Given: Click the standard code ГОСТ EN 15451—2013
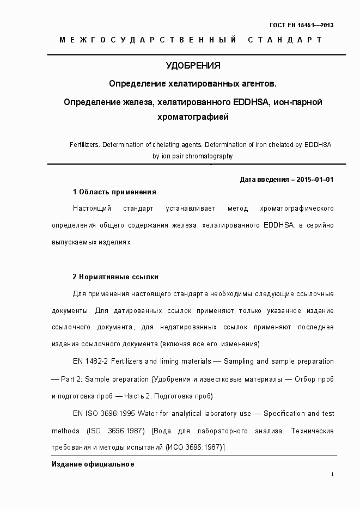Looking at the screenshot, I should point(302,25).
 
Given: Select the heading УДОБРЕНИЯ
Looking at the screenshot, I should point(193,66).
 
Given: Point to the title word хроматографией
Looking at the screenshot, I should point(193,116).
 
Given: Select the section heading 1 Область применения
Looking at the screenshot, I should point(114,192).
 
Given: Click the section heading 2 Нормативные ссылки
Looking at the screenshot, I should point(115,277).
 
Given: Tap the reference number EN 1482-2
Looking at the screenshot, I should point(89,361).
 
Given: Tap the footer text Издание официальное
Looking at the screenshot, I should point(93,464).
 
